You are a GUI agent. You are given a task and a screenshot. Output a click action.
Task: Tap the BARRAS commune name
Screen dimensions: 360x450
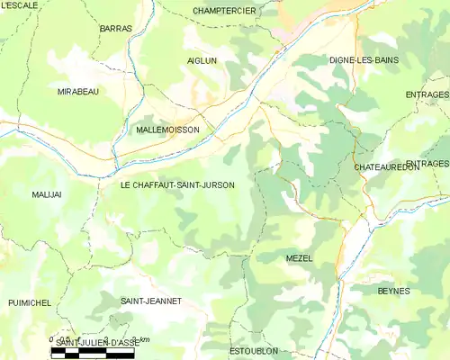pos(116,29)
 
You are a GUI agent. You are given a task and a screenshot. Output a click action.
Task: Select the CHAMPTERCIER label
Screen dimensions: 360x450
pos(225,11)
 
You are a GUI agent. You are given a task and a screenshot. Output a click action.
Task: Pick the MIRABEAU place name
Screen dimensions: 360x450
pos(78,92)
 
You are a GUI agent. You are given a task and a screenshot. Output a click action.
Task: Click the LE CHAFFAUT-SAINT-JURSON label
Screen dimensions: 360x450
pos(177,185)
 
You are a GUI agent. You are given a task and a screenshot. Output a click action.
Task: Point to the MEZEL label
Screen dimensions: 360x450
pos(299,258)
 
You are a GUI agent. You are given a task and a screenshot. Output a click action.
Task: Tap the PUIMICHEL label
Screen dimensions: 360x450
pos(31,304)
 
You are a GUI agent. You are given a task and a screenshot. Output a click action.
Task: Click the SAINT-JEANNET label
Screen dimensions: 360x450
pos(151,301)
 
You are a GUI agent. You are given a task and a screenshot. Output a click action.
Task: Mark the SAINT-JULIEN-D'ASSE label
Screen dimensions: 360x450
pos(97,344)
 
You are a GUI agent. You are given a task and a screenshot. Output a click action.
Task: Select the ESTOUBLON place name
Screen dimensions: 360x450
pos(253,349)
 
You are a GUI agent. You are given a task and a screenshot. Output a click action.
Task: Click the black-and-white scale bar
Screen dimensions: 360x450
pos(93,354)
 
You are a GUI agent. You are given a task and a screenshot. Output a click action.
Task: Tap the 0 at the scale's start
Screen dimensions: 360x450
pos(51,340)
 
